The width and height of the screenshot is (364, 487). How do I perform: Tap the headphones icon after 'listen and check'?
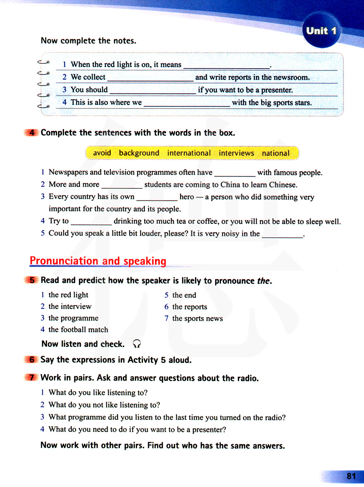click(137, 344)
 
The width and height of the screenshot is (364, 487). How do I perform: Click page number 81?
click(351, 476)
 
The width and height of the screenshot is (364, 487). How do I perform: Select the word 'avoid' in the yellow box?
click(102, 153)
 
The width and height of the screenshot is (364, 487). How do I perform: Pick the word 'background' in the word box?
click(139, 153)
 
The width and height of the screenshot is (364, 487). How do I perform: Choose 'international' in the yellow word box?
click(189, 153)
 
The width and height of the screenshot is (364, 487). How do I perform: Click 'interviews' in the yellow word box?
click(236, 153)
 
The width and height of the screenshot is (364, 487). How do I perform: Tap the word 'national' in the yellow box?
click(276, 153)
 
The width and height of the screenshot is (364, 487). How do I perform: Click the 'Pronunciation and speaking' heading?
click(98, 261)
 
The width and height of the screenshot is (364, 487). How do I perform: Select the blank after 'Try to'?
click(91, 222)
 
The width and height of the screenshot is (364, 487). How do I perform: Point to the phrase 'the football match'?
click(78, 330)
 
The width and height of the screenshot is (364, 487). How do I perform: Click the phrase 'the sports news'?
click(197, 319)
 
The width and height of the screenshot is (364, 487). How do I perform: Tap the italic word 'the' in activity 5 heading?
click(263, 281)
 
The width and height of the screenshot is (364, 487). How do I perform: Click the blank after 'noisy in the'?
click(282, 234)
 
